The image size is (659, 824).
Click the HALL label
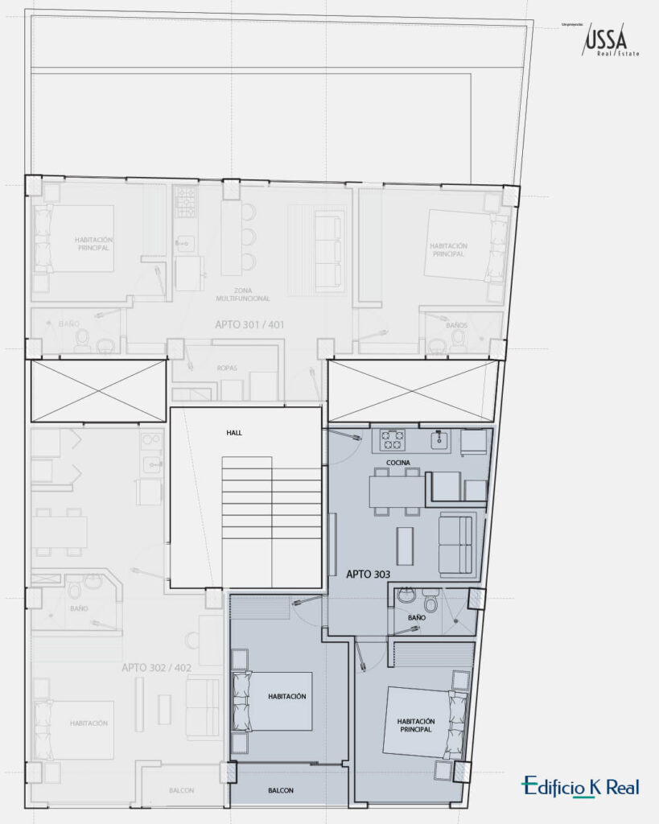(234, 433)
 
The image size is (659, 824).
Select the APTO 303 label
(369, 575)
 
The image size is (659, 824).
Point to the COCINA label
(397, 462)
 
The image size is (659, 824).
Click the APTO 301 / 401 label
(249, 325)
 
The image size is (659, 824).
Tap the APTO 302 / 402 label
(157, 668)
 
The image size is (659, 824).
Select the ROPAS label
(227, 368)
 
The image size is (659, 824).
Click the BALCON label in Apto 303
(281, 790)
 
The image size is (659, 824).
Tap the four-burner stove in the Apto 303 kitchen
(393, 439)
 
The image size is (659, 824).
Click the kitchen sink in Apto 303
(439, 439)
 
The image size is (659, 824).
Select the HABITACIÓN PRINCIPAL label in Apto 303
(415, 725)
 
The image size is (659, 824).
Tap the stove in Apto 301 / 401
(186, 201)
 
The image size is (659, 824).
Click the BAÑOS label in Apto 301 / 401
(456, 325)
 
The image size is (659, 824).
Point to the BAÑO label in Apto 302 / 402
(79, 609)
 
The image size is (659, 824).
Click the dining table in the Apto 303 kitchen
(396, 491)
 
